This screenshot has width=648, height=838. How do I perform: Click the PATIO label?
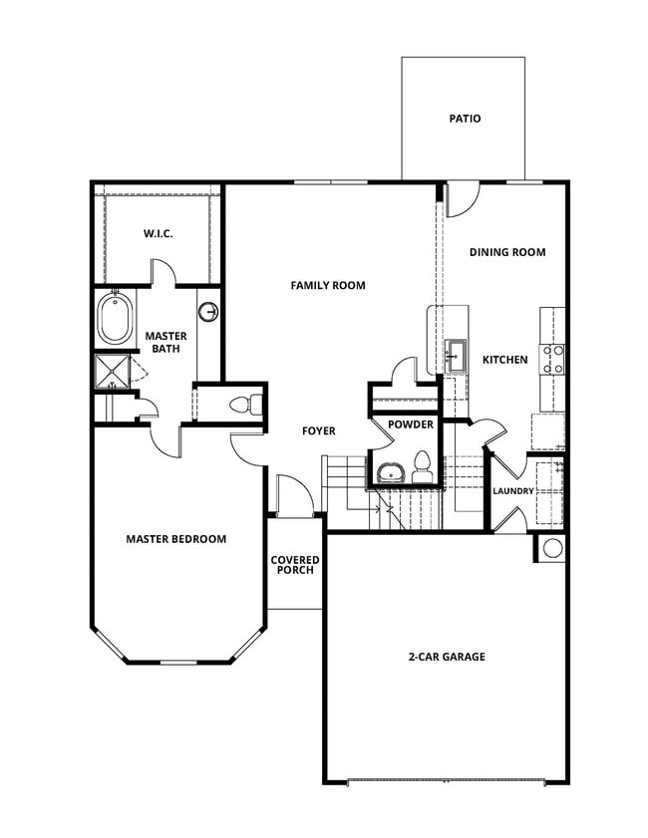(464, 119)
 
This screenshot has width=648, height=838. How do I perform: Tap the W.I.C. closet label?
(158, 234)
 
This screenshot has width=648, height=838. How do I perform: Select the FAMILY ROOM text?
(328, 285)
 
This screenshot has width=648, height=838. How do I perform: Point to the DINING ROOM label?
(507, 252)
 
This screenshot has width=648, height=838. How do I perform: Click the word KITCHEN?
(504, 360)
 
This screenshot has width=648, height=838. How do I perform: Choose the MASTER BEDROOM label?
(175, 539)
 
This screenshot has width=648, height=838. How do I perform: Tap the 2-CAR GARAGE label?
(447, 657)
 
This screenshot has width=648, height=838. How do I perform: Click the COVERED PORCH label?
(294, 565)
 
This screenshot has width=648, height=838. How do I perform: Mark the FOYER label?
(319, 431)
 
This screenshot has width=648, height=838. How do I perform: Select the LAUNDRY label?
(513, 491)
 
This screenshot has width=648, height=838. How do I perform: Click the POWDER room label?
(411, 424)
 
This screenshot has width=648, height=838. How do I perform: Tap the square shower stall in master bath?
(112, 372)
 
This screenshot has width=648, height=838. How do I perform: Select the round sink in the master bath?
(208, 313)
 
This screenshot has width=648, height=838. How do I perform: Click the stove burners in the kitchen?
(552, 358)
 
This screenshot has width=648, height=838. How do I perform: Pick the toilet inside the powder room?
(422, 466)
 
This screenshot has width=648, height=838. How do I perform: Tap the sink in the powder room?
(389, 471)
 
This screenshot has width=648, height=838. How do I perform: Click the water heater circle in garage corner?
(552, 547)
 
